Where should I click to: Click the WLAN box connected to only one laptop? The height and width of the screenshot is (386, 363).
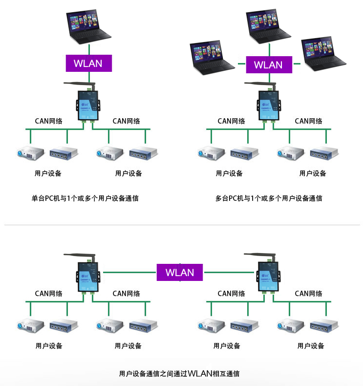[x=88, y=63]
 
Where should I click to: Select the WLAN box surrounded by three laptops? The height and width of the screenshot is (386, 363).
[x=268, y=64]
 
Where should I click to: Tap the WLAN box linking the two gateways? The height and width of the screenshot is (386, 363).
[x=180, y=272]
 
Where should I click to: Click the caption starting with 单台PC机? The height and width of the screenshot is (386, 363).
[x=85, y=198]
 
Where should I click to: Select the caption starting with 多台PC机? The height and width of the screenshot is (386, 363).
[x=268, y=198]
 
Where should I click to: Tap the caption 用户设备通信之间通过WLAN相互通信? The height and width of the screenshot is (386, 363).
[x=179, y=374]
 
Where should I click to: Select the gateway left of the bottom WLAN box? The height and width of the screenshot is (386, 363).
[x=88, y=276]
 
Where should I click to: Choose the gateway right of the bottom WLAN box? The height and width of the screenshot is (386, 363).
[x=268, y=276]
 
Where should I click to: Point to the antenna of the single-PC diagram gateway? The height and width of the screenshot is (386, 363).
[x=78, y=85]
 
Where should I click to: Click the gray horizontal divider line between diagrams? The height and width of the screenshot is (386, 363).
[x=181, y=225]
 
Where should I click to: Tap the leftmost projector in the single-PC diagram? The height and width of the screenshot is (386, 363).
[x=31, y=152]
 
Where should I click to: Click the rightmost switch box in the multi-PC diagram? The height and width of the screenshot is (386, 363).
[x=325, y=152]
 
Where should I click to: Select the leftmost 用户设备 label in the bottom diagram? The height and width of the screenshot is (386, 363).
[x=49, y=346]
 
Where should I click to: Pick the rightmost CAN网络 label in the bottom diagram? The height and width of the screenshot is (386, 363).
[x=308, y=294]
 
